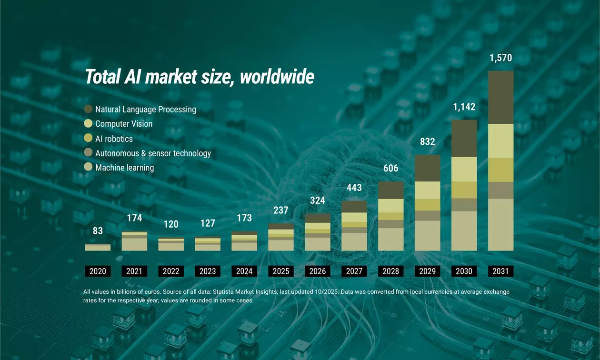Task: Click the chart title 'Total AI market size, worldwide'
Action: [199, 77]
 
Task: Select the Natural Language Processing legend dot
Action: [88, 109]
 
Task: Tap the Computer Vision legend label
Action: [124, 124]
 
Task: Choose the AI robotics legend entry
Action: [114, 139]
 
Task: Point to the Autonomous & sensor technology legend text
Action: [153, 153]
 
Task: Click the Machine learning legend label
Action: [124, 168]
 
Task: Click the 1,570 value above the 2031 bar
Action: [500, 59]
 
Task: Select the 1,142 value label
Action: [464, 107]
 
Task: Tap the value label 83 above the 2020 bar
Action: [98, 231]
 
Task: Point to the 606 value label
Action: [390, 168]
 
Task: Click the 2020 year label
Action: [98, 271]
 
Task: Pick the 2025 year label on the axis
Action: [281, 271]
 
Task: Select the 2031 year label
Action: [500, 271]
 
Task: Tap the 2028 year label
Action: [390, 271]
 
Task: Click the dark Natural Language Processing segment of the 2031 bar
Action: [500, 98]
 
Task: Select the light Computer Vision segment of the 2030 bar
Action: [464, 169]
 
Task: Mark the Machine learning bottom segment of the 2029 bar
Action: [427, 236]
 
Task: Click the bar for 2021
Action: [134, 241]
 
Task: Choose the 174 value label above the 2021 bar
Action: [134, 219]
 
